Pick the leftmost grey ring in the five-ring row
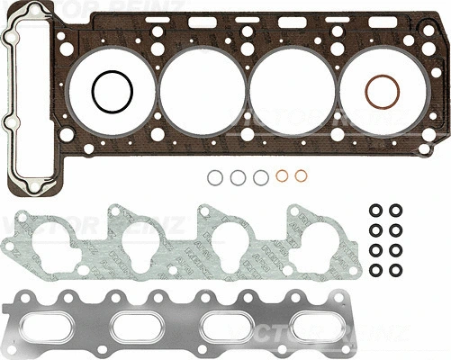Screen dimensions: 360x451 pyautogui.click(x=214, y=177)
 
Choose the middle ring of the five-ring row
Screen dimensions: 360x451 pyautogui.click(x=261, y=177)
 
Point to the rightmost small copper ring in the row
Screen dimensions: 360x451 pyautogui.click(x=304, y=176)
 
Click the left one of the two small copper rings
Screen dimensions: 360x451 pyautogui.click(x=283, y=176)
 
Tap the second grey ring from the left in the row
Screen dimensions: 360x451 pyautogui.click(x=238, y=177)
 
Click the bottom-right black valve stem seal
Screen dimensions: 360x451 pyautogui.click(x=396, y=270)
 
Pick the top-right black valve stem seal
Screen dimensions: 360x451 pyautogui.click(x=396, y=210)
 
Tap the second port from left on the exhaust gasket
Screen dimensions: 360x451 pyautogui.click(x=142, y=322)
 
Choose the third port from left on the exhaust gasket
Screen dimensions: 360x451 pyautogui.click(x=227, y=322)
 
